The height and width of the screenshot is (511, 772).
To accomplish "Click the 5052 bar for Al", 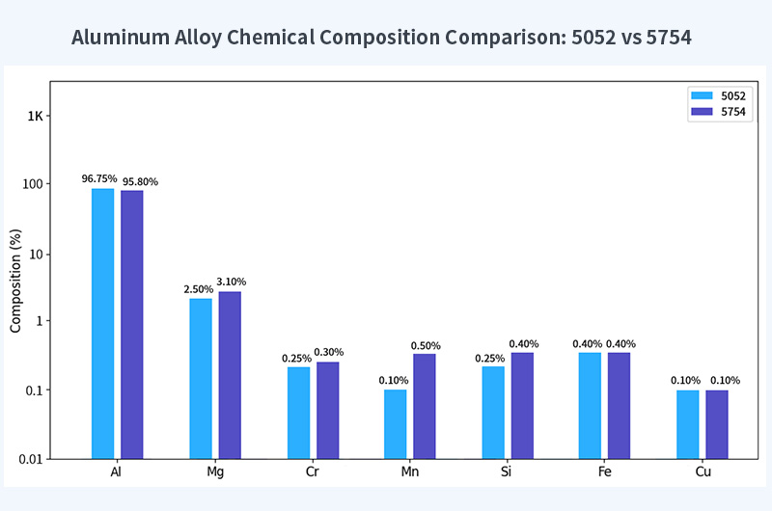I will tap(102, 323).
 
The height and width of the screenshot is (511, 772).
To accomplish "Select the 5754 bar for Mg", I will tap(230, 375).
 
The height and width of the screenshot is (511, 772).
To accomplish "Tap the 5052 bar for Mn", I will tap(395, 423).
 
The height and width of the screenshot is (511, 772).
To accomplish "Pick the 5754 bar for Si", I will tap(522, 405).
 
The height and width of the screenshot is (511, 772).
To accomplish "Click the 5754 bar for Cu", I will tap(716, 424).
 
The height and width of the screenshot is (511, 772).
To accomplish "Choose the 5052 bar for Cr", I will tap(298, 413).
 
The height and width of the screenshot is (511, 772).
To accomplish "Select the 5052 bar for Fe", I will tap(590, 405).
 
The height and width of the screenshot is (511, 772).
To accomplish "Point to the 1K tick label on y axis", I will tap(36, 117).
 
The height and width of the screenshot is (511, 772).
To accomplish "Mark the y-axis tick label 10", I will tap(38, 255).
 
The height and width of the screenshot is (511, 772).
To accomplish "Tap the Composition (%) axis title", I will tap(15, 281).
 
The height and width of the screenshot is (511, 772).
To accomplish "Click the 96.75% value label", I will tap(99, 179).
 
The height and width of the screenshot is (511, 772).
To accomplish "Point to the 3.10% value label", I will tap(231, 282).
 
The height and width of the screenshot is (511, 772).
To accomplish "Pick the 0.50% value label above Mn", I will tap(426, 345).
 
